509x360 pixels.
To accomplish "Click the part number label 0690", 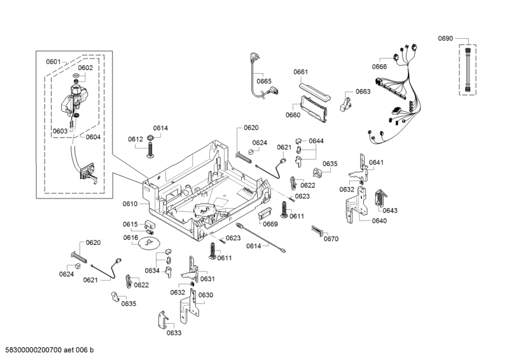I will tap(445, 39).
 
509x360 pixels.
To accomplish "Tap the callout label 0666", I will tap(380, 67).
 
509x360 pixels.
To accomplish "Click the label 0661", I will tap(301, 72).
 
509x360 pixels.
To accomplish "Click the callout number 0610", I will tap(130, 204).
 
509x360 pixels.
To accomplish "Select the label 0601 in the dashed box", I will tap(53, 62).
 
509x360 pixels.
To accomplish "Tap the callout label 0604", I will tap(93, 137).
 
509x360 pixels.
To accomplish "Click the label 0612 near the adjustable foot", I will tap(135, 139).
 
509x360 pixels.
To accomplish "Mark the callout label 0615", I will tap(130, 224).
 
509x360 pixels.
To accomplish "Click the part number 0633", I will tap(174, 333).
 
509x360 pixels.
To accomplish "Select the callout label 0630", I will tap(206, 294).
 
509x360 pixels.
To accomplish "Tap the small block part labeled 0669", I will tap(265, 215).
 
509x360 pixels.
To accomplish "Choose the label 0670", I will tap(331, 239).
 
